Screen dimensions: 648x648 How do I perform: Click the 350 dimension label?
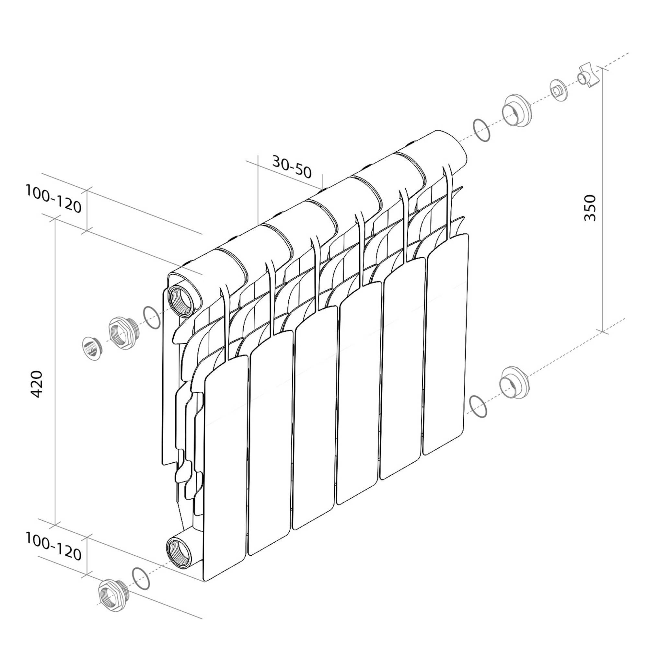590,208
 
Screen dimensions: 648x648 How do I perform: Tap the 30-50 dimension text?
292,167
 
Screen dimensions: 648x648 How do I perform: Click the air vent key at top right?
588,76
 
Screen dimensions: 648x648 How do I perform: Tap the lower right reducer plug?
514,383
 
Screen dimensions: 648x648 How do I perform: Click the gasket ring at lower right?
479,407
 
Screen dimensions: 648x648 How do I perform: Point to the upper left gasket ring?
152,317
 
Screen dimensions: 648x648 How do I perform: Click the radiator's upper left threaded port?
181,299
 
